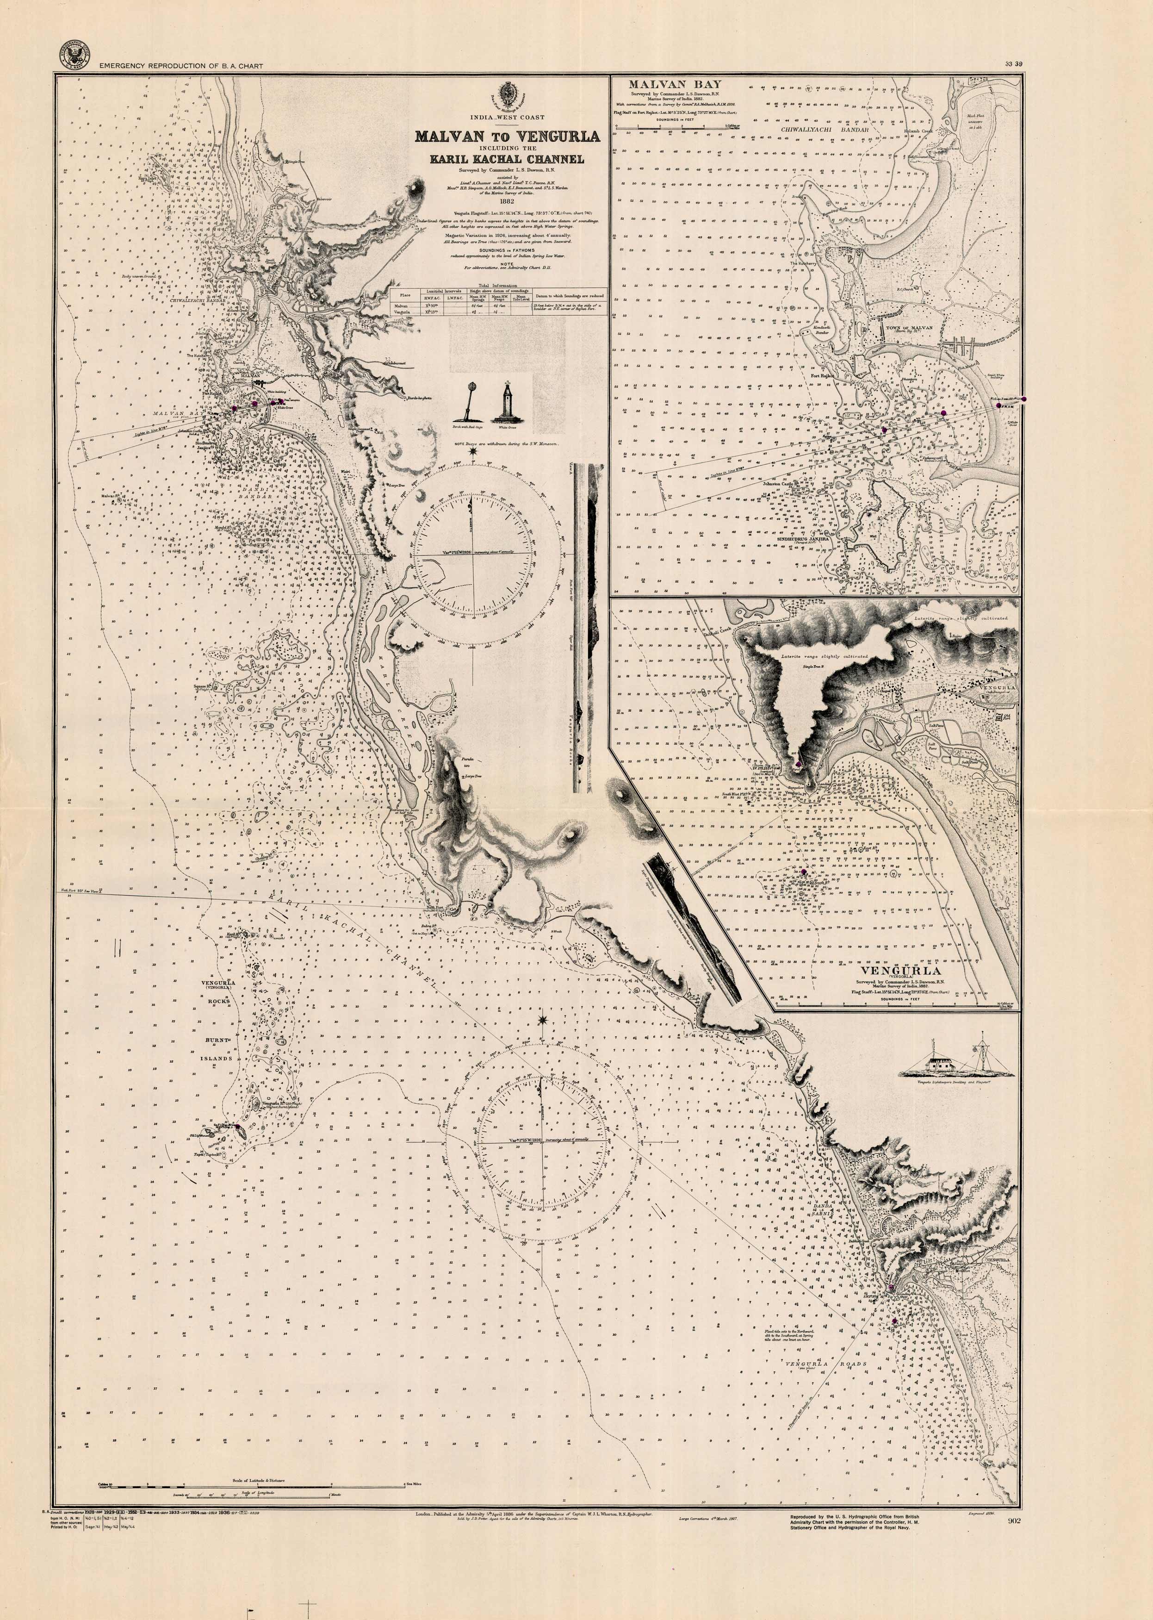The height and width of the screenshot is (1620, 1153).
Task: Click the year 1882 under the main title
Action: click(x=507, y=201)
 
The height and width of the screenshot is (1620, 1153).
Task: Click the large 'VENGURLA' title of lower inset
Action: click(x=900, y=970)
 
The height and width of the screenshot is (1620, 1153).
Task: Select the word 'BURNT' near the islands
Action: click(x=218, y=1040)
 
